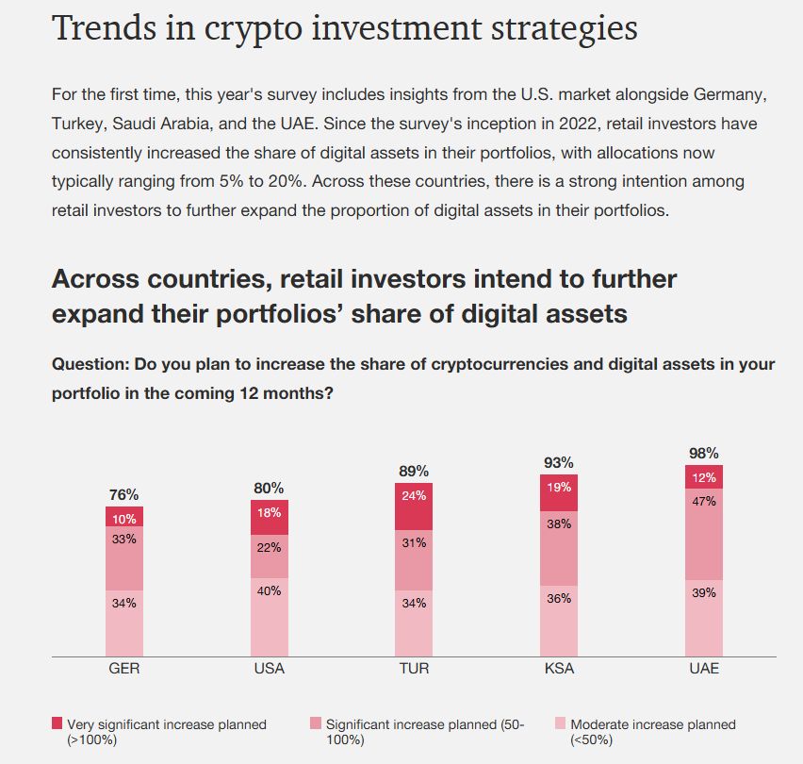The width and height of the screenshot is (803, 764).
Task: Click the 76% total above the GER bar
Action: click(x=123, y=494)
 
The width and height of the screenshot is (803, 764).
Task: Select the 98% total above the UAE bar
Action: click(x=703, y=453)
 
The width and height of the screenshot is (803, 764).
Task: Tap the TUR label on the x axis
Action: click(x=413, y=669)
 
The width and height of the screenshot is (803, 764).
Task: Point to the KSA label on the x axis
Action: click(x=558, y=669)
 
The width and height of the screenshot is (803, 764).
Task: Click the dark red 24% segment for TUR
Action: click(x=413, y=507)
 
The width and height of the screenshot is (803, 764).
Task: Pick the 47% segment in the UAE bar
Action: click(x=703, y=534)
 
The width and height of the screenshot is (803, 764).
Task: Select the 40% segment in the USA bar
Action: click(x=269, y=616)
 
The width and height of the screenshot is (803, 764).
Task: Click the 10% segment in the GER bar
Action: click(x=123, y=517)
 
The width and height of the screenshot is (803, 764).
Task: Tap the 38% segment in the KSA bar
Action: click(x=558, y=548)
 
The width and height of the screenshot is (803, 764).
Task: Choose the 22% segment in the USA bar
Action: click(x=269, y=556)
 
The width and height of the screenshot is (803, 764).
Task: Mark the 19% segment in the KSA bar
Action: click(x=558, y=492)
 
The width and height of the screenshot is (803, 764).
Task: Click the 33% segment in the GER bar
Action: click(x=123, y=558)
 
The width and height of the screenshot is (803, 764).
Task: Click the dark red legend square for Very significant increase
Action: click(x=57, y=723)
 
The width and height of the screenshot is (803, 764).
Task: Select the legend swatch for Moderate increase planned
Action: click(x=561, y=723)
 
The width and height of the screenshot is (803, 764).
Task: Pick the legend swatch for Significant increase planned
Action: click(x=316, y=723)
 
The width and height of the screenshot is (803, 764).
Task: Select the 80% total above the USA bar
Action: click(x=269, y=488)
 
